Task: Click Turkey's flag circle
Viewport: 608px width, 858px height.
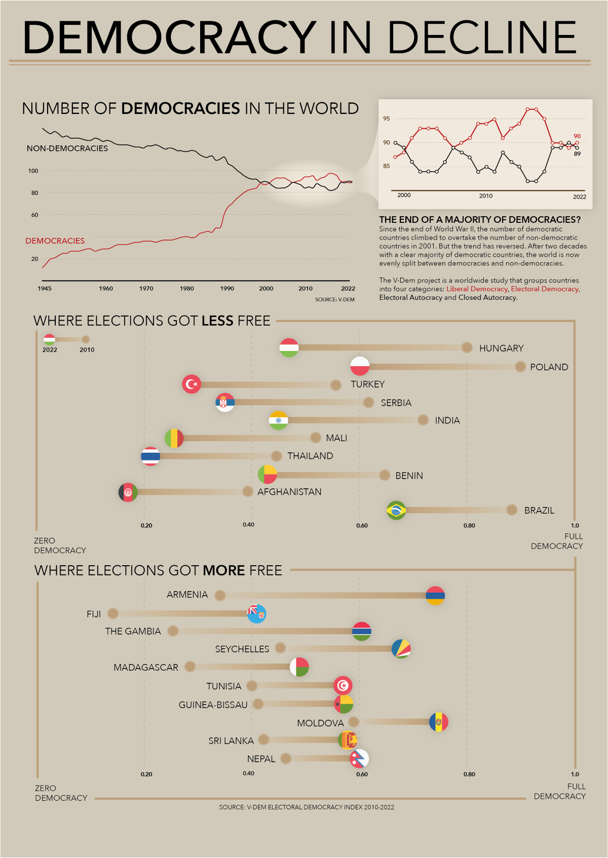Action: [192, 384]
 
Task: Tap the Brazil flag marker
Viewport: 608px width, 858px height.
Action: [396, 511]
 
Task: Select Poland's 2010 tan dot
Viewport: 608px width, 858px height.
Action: [520, 367]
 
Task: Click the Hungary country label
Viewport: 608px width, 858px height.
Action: [501, 348]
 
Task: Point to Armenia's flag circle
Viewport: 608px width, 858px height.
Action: [435, 596]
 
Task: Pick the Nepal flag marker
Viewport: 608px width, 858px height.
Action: [360, 759]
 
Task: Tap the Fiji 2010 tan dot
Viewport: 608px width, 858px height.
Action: [113, 614]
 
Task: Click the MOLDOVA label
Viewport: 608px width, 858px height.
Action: [320, 723]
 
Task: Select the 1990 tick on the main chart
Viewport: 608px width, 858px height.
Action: [227, 289]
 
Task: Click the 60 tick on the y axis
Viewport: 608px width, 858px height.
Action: [34, 215]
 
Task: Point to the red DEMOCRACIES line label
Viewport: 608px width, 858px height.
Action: [55, 241]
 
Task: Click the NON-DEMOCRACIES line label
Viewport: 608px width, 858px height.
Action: [67, 148]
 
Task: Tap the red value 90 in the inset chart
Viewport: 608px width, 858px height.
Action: [577, 136]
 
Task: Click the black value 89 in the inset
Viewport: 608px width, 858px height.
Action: [577, 154]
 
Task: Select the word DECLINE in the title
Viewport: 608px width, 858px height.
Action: [482, 38]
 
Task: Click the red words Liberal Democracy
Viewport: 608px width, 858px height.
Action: [477, 289]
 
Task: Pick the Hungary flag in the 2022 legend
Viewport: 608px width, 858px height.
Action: [49, 339]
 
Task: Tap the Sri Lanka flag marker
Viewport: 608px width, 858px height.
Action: [348, 740]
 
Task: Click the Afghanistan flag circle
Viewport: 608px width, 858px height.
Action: [128, 492]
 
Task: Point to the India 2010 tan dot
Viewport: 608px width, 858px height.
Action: [424, 420]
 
